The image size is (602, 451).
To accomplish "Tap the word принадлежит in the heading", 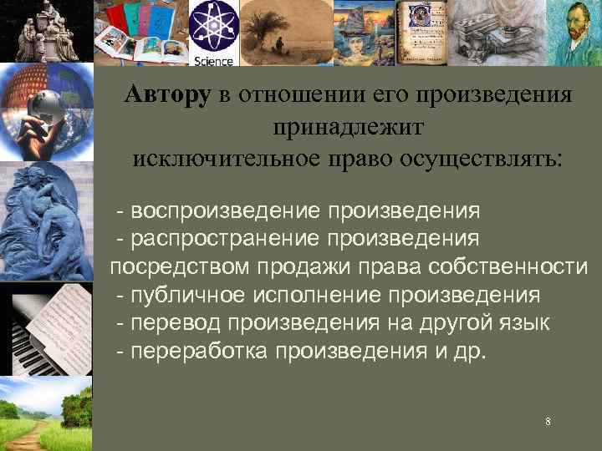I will tap(348, 126).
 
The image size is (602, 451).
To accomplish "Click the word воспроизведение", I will tap(226, 210).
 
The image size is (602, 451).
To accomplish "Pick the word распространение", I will tap(226, 238).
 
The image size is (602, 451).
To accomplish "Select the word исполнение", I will tap(317, 295).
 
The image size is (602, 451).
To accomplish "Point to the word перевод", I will tap(177, 323).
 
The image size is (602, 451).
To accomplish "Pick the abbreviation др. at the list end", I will tap(470, 352).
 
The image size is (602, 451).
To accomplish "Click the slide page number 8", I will tap(548, 422).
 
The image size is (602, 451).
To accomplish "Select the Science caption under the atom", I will tap(213, 60).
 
